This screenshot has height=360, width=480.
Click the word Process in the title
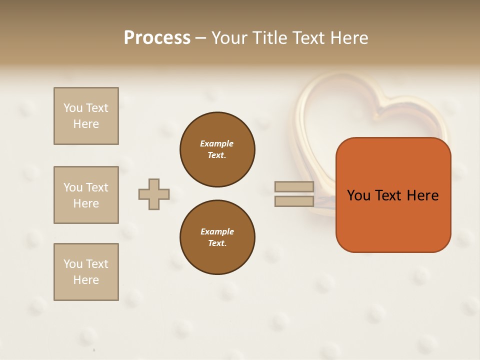pos(157,37)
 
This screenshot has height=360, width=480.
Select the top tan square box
pos(86,116)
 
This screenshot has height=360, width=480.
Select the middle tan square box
pos(86,195)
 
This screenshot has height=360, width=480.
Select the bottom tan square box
pos(86,271)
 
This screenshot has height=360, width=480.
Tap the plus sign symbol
pos(154,194)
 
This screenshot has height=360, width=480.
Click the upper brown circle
pos(217,149)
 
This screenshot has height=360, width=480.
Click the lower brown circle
pos(217,237)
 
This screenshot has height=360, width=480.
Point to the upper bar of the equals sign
pos(294,186)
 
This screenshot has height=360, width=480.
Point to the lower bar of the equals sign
pos(294,201)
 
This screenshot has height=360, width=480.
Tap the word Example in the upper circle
pos(217,143)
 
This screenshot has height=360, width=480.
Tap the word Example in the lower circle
pos(217,231)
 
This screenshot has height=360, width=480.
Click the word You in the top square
pos(72,108)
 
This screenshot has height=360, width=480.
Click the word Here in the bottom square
pos(86,280)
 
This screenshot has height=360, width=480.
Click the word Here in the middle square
pos(86,203)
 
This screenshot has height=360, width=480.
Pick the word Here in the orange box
pos(422,195)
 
